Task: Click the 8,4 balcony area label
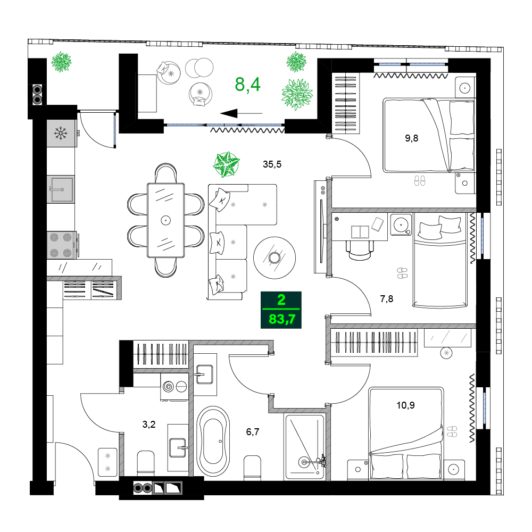point(248,84)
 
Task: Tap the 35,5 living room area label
point(271,164)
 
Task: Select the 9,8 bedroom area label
point(411,139)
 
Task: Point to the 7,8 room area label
point(387,298)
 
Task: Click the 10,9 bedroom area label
point(405,405)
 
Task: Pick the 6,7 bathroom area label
point(253,432)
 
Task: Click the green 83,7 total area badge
point(281,310)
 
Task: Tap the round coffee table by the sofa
point(274,258)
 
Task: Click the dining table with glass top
point(165,220)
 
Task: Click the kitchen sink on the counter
point(61,189)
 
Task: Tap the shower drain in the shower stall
point(305,463)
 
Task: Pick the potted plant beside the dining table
point(226,164)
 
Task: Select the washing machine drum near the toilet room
point(169,387)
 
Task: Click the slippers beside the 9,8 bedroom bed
point(420,180)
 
